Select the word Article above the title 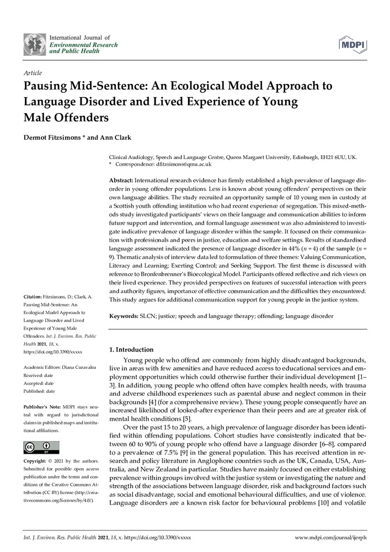coord(33,73)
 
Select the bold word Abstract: coord(121,181)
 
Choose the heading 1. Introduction coord(131,349)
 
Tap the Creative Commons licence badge coord(41,447)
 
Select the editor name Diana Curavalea coord(77,367)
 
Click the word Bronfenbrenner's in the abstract coord(185,274)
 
